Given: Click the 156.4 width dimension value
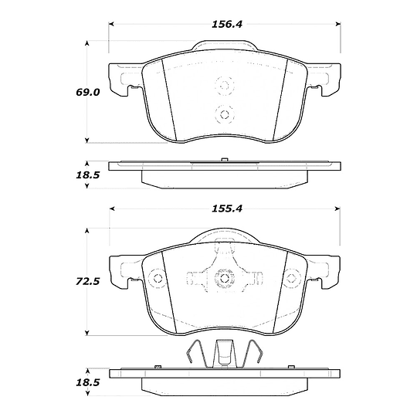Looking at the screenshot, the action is click(x=227, y=25).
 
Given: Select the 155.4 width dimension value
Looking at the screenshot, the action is click(x=227, y=208).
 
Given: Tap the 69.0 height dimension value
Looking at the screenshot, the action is click(x=87, y=93).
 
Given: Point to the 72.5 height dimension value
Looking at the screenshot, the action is click(x=87, y=281).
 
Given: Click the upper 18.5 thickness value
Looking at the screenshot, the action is click(x=87, y=175).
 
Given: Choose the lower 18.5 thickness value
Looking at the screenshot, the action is click(x=87, y=383).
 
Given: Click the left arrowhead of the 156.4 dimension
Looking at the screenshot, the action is click(x=111, y=24).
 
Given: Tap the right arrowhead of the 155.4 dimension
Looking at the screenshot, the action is click(x=337, y=208).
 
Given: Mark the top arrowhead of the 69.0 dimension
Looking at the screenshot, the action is click(x=86, y=43).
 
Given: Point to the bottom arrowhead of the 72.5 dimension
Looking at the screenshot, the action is click(x=86, y=333).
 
